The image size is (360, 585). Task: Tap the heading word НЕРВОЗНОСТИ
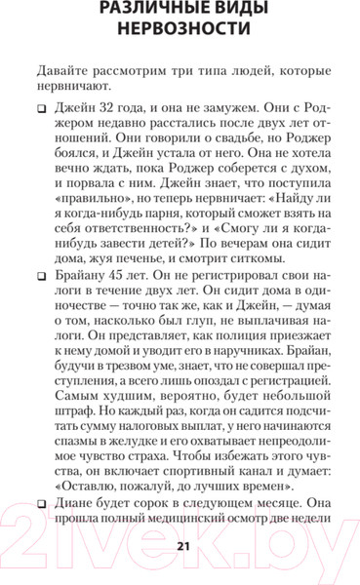(179, 38)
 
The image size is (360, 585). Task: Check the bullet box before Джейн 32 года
(42, 113)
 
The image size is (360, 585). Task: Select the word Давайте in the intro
(62, 72)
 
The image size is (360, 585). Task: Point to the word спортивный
(181, 485)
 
